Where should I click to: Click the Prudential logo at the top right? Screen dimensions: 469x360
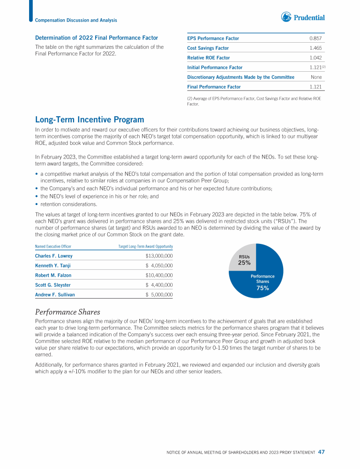pyautogui.click(x=303, y=18)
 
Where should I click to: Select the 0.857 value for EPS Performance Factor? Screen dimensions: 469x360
pyautogui.click(x=315, y=38)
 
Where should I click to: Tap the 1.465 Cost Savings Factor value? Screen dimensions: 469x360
pyautogui.click(x=315, y=48)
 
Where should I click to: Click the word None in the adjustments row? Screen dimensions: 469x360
pyautogui.click(x=316, y=77)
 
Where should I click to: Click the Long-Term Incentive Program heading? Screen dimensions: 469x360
pyautogui.click(x=90, y=120)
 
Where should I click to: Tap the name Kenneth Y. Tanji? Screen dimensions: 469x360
pyautogui.click(x=54, y=266)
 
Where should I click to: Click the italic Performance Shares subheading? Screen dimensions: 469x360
pyautogui.click(x=67, y=312)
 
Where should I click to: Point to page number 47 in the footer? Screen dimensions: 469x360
pyautogui.click(x=321, y=452)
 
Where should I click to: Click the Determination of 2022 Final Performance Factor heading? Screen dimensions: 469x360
pyautogui.click(x=97, y=38)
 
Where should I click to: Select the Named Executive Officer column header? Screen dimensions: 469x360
pyautogui.click(x=53, y=246)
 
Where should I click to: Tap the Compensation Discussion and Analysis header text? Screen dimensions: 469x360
pyautogui.click(x=76, y=20)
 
